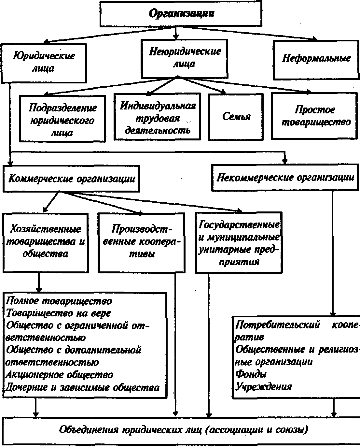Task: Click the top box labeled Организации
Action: pos(181,14)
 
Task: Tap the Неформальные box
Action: pos(316,59)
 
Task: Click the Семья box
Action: pos(236,117)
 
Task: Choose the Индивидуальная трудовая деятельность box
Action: pos(158,118)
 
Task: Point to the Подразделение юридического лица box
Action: pos(62,120)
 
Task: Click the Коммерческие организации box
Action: pos(72,179)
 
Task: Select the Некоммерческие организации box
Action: pos(285,178)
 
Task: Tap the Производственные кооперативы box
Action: pos(141,242)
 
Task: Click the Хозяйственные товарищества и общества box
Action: pos(46,242)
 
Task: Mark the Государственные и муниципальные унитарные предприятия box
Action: pos(239,243)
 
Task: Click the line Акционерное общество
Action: pos(59,375)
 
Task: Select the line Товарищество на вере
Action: pos(59,313)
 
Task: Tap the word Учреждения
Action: pos(264,387)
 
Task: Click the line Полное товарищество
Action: pos(59,301)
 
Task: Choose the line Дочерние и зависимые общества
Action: pos(83,388)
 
